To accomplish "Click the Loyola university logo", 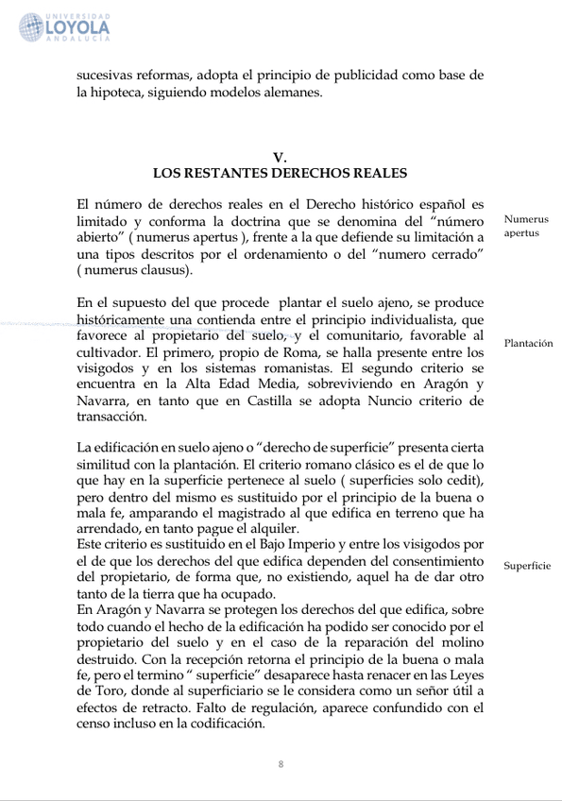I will click(x=64, y=27).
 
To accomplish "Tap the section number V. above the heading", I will click(x=280, y=158).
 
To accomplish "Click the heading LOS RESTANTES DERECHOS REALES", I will click(x=280, y=174).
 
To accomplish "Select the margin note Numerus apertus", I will click(x=525, y=226).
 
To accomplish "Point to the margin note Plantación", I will click(x=528, y=344).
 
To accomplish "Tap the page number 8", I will click(x=281, y=763).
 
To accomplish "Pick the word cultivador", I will click(x=111, y=353).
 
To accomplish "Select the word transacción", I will click(x=112, y=417).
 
